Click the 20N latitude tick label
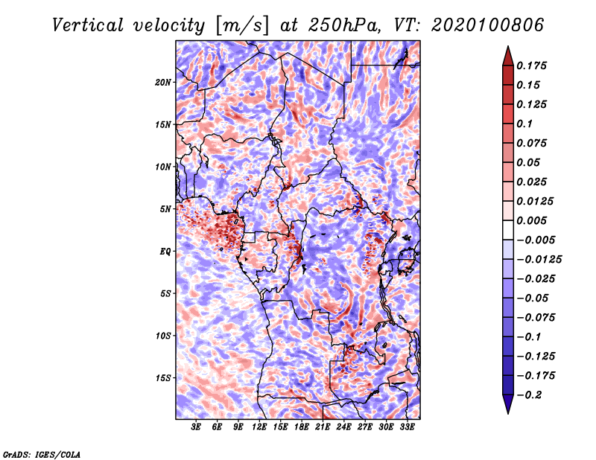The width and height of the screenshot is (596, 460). point(164,82)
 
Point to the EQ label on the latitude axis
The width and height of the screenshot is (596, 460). point(166,252)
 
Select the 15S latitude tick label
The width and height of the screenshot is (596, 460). point(164,378)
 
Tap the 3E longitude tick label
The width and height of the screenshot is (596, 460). point(197,427)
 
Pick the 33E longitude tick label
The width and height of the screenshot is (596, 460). point(407,427)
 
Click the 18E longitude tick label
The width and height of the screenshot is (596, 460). point(301,427)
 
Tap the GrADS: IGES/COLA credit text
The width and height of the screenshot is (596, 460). point(42,453)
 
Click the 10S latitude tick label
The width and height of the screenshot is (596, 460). point(164,336)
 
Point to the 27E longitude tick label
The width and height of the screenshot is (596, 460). point(365,427)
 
